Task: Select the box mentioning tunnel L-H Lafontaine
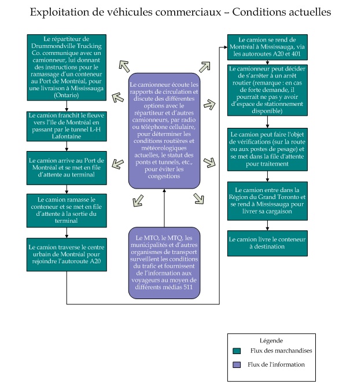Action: pyautogui.click(x=67, y=126)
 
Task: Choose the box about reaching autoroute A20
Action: pyautogui.click(x=67, y=255)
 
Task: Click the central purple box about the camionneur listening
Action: pyautogui.click(x=164, y=130)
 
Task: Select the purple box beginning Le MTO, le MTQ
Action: pyautogui.click(x=164, y=262)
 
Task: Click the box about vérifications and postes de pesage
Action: pyautogui.click(x=266, y=149)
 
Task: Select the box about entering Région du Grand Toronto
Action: pyautogui.click(x=266, y=201)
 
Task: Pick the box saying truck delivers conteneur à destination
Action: pyautogui.click(x=266, y=242)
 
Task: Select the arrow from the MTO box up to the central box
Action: pyautogui.click(x=164, y=208)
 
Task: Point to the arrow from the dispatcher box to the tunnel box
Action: pyautogui.click(x=67, y=105)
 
